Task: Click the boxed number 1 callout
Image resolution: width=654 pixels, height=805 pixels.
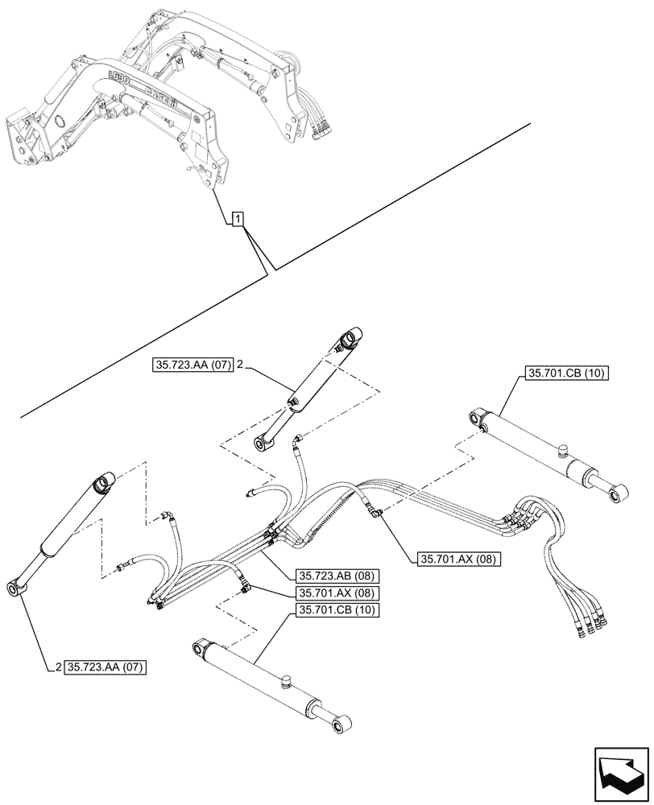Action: tap(238, 218)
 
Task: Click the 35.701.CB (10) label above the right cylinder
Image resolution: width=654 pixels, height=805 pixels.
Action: tap(568, 373)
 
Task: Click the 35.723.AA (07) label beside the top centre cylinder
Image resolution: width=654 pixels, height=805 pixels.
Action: tap(191, 365)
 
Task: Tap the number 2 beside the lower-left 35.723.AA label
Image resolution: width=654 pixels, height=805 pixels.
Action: tap(59, 667)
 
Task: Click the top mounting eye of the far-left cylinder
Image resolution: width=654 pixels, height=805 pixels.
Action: tap(102, 483)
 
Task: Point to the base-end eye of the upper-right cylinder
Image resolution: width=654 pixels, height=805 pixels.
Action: tap(477, 418)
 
